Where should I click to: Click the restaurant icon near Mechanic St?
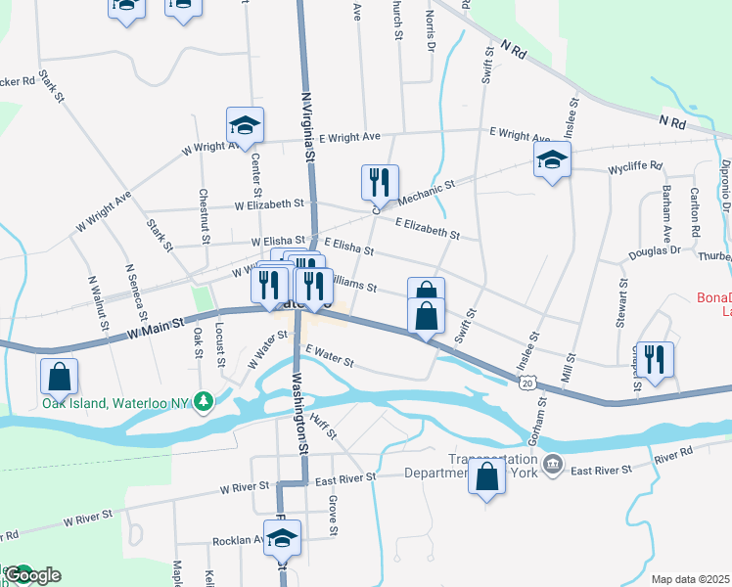point(379,181)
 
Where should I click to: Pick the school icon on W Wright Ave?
point(245,124)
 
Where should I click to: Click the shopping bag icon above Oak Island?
point(59,376)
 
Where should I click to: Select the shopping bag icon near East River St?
point(487,477)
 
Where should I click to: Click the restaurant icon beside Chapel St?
point(654,359)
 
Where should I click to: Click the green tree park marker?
point(203,401)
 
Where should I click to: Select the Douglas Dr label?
point(654,250)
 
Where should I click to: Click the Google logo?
point(31,575)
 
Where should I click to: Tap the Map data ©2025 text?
point(690,579)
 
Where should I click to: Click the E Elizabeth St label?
point(428,228)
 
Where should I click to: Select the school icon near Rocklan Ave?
point(283,536)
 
